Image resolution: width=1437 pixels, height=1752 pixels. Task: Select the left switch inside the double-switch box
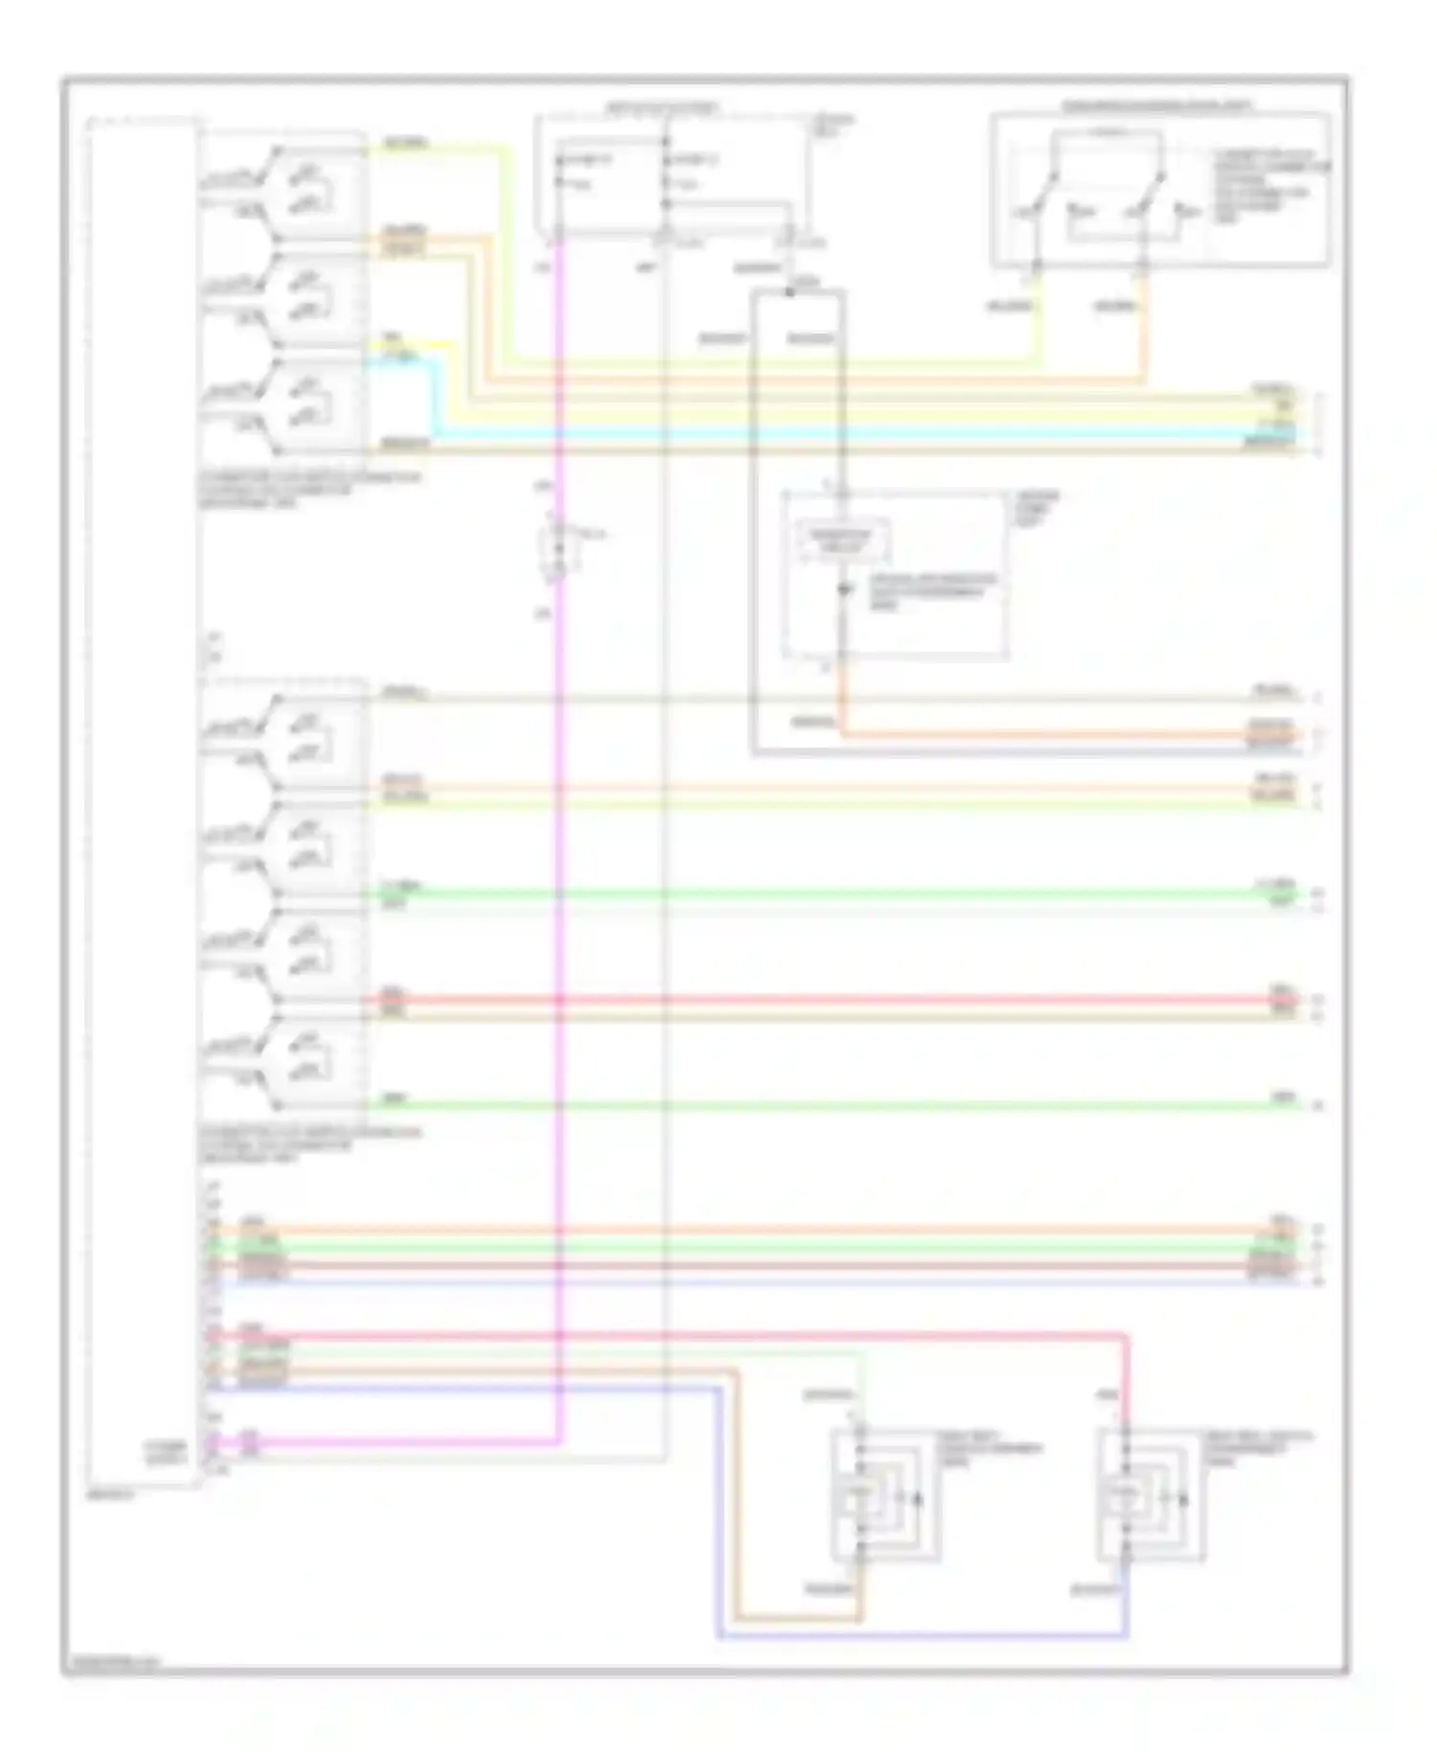pos(1044,192)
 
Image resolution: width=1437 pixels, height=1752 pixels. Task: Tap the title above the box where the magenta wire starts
pos(661,108)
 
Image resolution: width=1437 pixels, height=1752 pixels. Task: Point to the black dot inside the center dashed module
pos(843,590)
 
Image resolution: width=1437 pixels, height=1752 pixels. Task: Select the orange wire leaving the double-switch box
pos(1145,326)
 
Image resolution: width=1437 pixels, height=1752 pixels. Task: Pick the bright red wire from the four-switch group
pos(814,1001)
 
